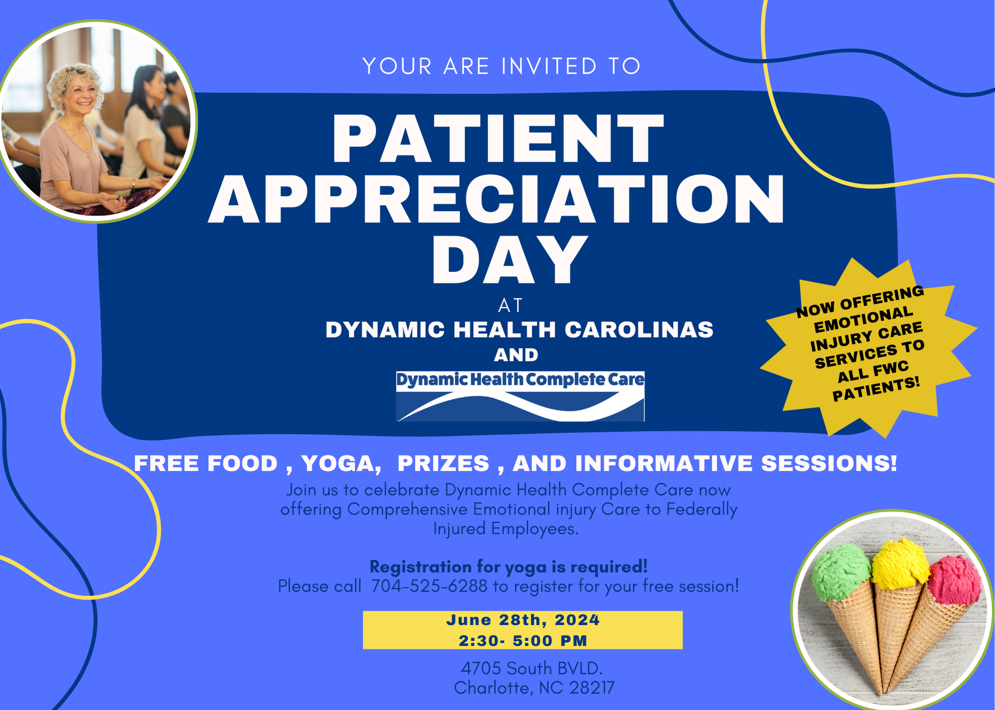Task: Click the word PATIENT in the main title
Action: click(498, 139)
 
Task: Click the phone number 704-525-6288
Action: click(429, 586)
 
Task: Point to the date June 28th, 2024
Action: click(523, 620)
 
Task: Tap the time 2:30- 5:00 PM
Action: click(523, 640)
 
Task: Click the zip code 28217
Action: click(592, 688)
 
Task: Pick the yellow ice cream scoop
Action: click(900, 564)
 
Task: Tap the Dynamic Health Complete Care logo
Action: click(520, 396)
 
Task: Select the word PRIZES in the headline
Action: click(443, 463)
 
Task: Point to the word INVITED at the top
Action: click(549, 66)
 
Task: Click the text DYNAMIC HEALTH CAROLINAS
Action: click(519, 330)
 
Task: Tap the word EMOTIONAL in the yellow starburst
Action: click(864, 320)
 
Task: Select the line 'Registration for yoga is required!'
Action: click(508, 567)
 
